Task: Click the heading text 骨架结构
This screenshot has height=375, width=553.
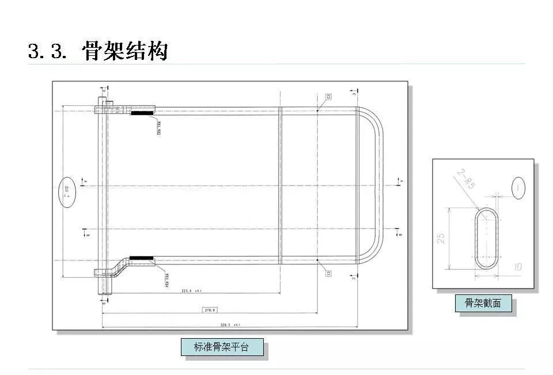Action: pyautogui.click(x=125, y=51)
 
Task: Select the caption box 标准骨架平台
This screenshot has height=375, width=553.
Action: pyautogui.click(x=222, y=347)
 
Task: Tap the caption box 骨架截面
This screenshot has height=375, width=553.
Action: pyautogui.click(x=483, y=303)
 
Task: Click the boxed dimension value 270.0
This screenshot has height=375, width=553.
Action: pyautogui.click(x=210, y=310)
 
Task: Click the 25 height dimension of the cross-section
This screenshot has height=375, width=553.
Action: pyautogui.click(x=441, y=237)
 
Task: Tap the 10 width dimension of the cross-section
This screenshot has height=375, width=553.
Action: pyautogui.click(x=517, y=267)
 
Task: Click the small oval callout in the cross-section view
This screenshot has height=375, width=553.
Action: pyautogui.click(x=518, y=188)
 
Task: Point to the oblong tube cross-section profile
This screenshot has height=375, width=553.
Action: pyautogui.click(x=487, y=237)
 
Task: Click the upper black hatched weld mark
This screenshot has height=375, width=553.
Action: pyautogui.click(x=142, y=113)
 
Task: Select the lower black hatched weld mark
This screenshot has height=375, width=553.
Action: pyautogui.click(x=141, y=258)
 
